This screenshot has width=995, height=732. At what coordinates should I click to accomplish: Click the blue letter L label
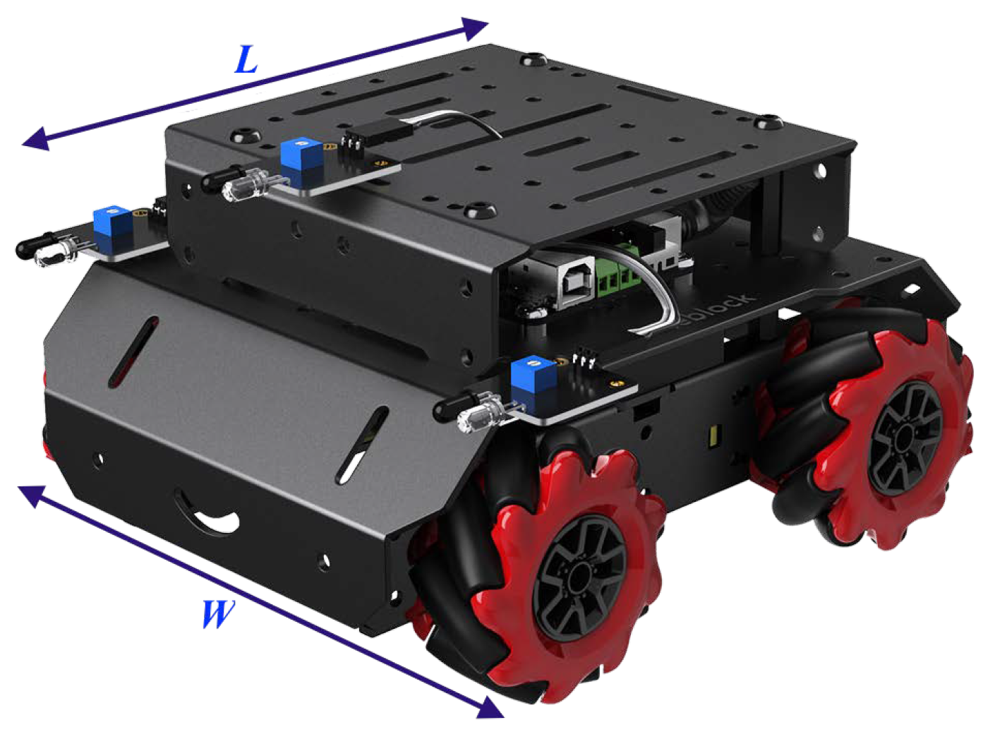[x=246, y=61]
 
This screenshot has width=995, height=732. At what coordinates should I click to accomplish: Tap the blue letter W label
[x=217, y=614]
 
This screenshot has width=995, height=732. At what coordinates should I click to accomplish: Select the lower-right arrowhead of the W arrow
[x=490, y=707]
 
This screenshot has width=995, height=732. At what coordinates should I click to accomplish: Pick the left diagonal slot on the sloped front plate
[x=133, y=352]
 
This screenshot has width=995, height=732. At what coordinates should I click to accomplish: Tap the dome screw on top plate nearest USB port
[x=478, y=210]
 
